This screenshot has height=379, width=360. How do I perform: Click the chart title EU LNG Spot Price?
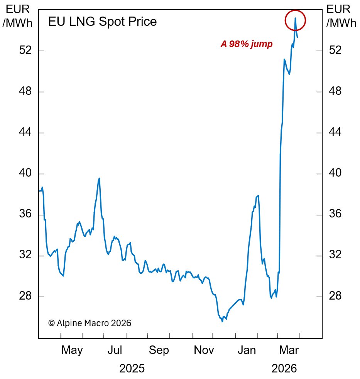[102, 22]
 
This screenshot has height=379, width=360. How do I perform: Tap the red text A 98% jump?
[247, 44]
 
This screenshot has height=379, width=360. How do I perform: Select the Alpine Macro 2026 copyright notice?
[90, 323]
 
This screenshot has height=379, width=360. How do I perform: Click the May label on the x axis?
[72, 350]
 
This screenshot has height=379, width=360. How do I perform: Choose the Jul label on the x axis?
[115, 350]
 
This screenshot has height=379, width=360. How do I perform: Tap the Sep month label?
[159, 350]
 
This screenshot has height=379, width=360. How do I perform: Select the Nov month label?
[204, 350]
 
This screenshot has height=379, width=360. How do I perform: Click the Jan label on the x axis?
[247, 350]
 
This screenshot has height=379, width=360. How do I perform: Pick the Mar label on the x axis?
[289, 350]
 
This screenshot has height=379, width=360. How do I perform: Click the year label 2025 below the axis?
[132, 369]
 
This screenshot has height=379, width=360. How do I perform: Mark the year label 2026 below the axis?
[284, 369]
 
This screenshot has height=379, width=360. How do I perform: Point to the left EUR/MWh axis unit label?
[17, 16]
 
